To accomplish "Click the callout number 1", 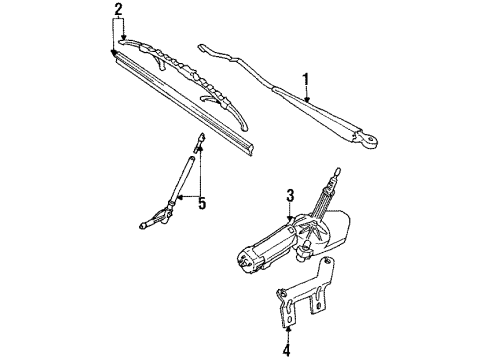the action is (x=305, y=80).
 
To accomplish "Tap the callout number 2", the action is (x=118, y=10).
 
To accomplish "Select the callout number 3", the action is (x=290, y=196).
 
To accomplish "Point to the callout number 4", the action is (x=287, y=350).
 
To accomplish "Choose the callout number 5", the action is (x=202, y=203).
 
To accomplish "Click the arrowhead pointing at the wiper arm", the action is (x=307, y=99).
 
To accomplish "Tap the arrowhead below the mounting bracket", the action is (x=288, y=329).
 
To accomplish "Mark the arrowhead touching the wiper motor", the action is (x=290, y=219).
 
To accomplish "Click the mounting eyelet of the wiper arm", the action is (x=369, y=140).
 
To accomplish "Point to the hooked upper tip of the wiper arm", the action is (x=201, y=47).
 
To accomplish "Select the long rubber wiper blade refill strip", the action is (x=184, y=103).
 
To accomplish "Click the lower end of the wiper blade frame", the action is (x=244, y=127).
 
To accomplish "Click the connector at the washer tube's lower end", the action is (x=156, y=217).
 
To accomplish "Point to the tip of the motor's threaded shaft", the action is (x=336, y=172).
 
